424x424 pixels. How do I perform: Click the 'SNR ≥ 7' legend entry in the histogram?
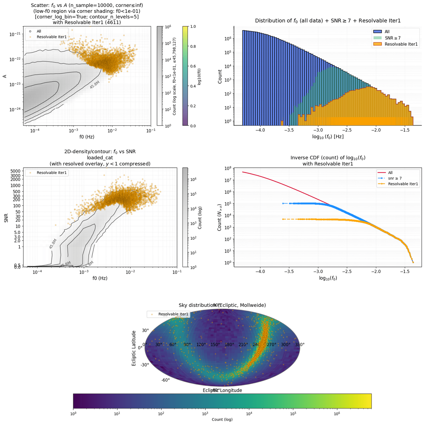[393, 38]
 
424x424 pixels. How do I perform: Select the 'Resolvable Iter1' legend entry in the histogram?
[401, 44]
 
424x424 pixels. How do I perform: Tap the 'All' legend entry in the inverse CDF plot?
[390, 173]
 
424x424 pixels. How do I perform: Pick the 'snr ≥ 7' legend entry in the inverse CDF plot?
[395, 178]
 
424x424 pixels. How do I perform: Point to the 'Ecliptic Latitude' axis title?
[134, 348]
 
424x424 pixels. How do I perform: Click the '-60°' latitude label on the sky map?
[166, 380]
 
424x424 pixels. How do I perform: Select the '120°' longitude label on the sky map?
[201, 345]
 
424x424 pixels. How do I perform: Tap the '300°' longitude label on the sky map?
[285, 345]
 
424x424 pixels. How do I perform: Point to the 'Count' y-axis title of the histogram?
[220, 77]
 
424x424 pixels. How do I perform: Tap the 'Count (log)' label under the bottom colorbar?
[222, 420]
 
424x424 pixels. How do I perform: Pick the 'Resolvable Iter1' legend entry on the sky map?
[173, 314]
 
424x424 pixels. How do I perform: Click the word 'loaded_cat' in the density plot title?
[100, 158]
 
